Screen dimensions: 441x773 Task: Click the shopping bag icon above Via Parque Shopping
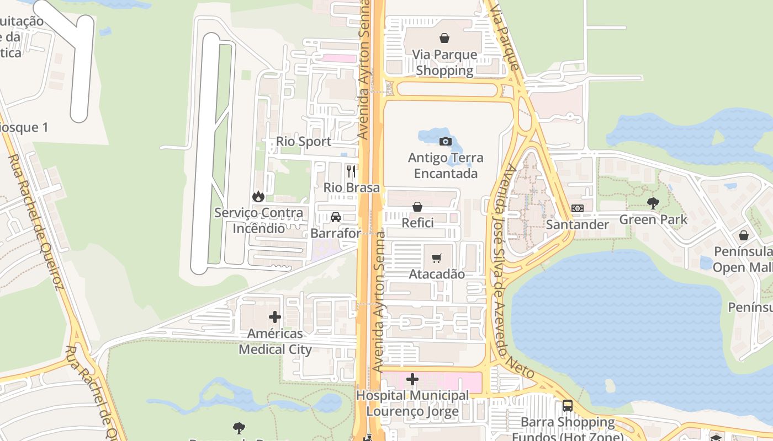tap(444, 38)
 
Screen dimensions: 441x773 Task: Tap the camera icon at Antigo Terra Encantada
tap(445, 141)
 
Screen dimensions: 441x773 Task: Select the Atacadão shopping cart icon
tap(437, 258)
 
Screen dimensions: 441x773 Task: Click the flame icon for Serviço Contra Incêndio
tap(258, 196)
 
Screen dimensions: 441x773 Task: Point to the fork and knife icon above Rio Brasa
tap(351, 171)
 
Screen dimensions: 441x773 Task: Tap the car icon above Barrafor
tap(335, 217)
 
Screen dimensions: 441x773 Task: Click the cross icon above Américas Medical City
tap(275, 317)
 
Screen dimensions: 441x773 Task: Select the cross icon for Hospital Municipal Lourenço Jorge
tap(412, 379)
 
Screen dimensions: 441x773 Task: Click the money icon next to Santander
tap(578, 208)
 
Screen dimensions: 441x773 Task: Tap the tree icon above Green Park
tap(653, 203)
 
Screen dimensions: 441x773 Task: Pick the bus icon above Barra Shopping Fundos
tap(567, 406)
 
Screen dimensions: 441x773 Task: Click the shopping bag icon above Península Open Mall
tap(744, 235)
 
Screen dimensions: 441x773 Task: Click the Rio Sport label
tap(304, 142)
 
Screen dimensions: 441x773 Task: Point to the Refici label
tap(417, 223)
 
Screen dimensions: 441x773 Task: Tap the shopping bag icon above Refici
tap(417, 207)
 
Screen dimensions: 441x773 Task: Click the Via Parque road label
tap(505, 35)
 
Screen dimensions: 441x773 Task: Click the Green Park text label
tap(653, 219)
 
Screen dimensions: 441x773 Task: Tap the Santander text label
tap(577, 224)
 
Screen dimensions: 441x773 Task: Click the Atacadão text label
tap(436, 274)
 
